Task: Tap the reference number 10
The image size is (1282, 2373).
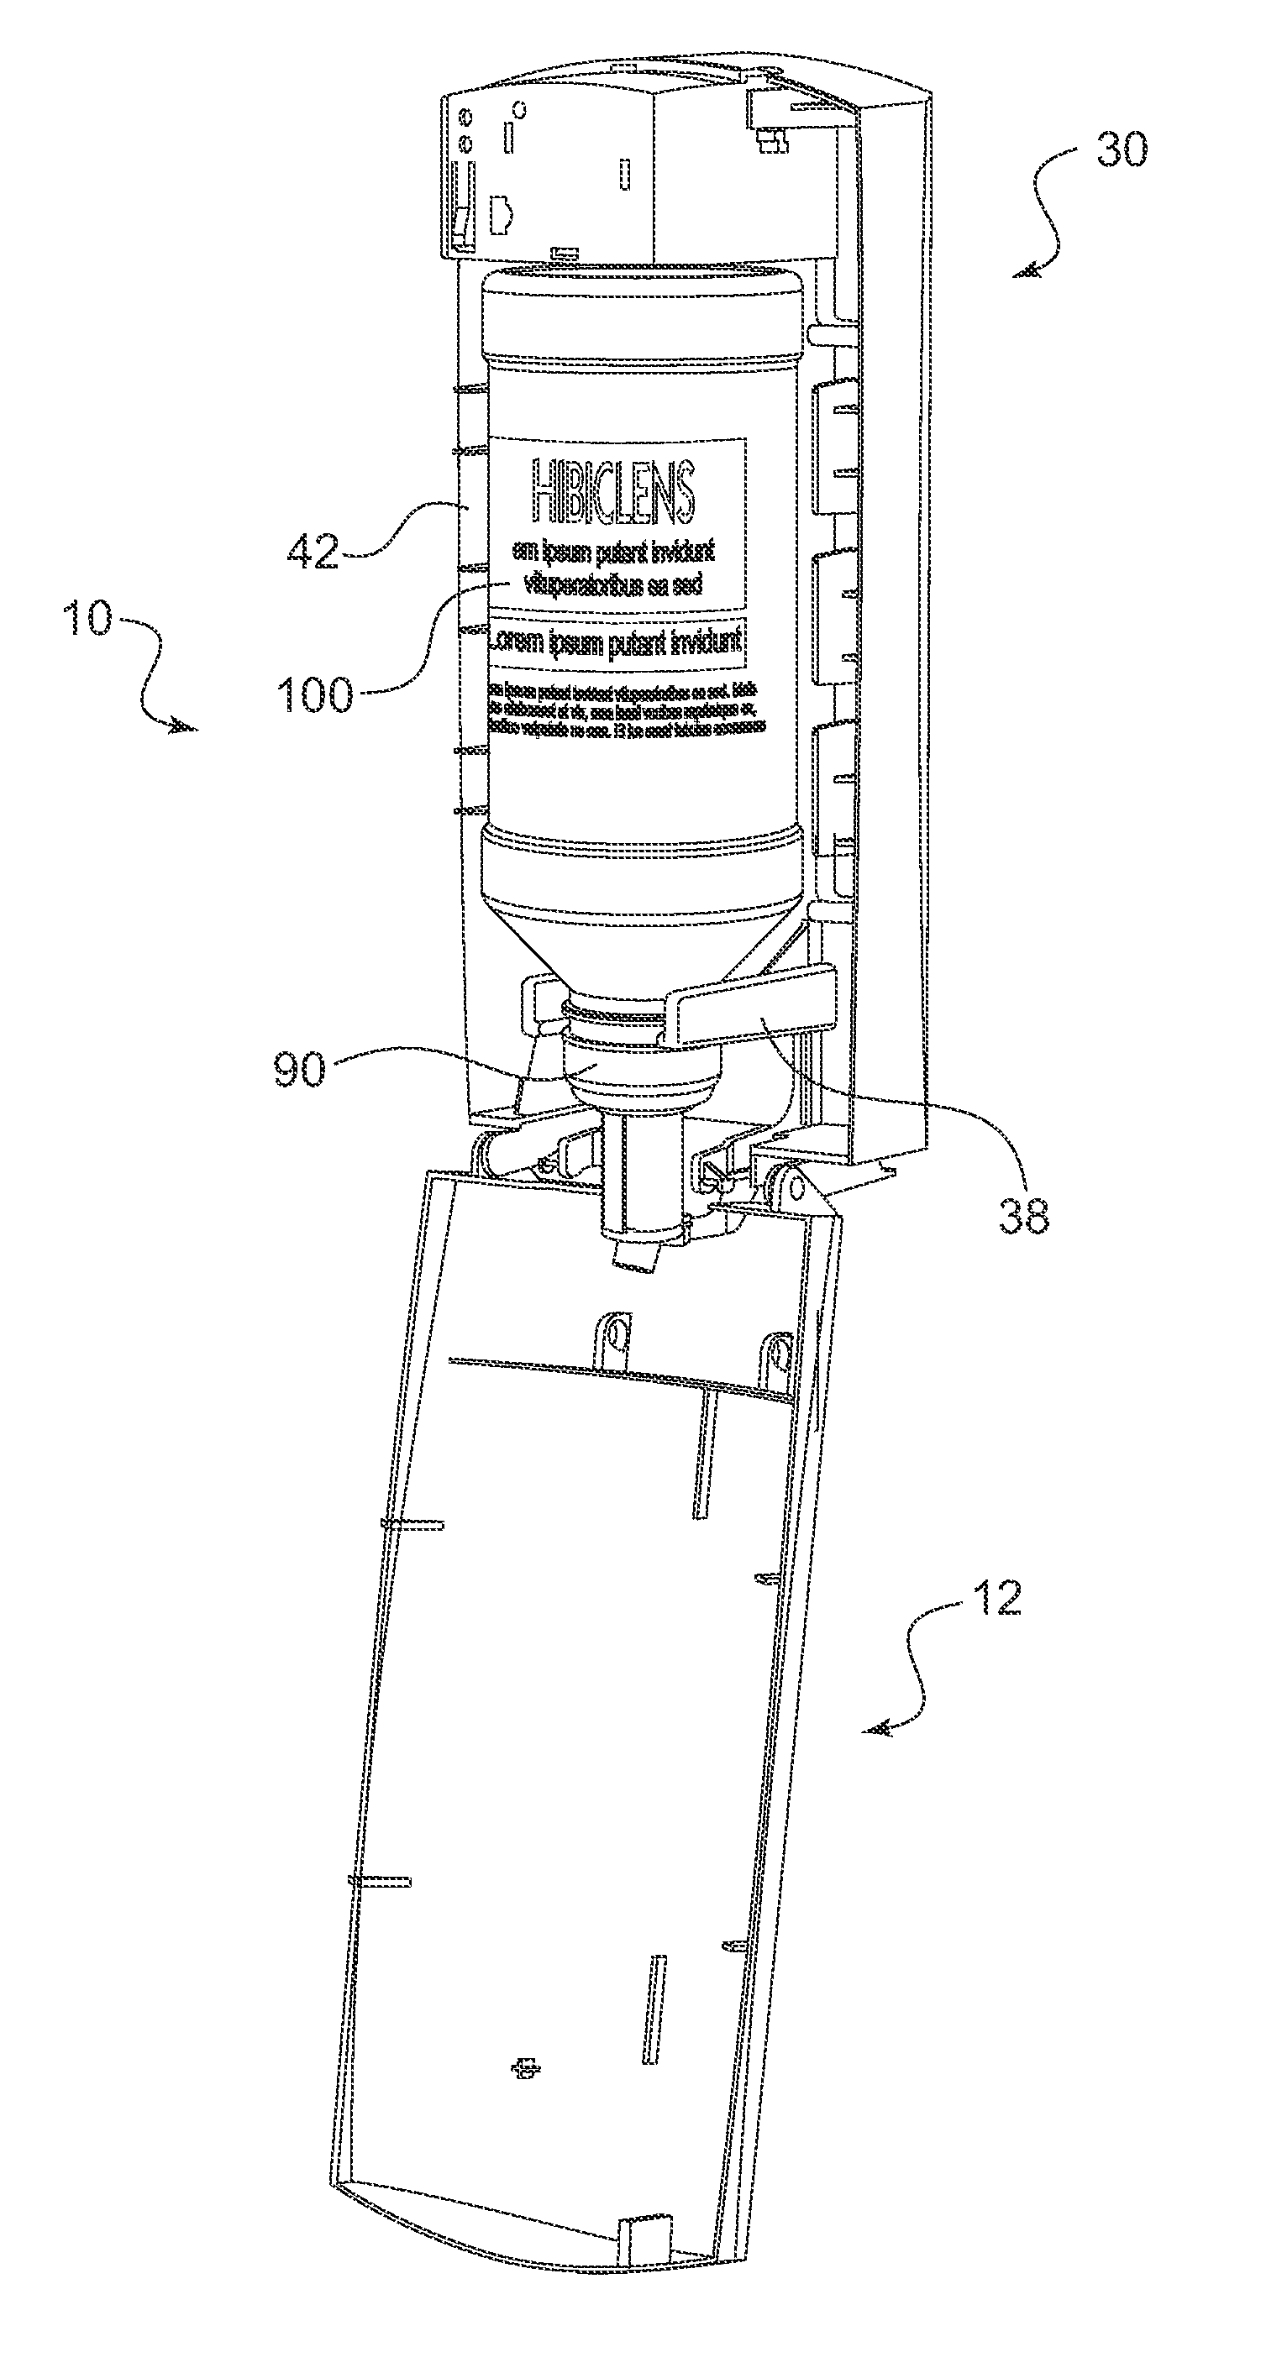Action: tap(87, 617)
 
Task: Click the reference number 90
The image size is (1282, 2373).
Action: tap(301, 1071)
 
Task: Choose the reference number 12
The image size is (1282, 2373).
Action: tap(996, 1598)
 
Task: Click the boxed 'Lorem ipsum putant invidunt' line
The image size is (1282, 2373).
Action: tap(616, 642)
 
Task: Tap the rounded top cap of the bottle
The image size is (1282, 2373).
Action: tap(643, 313)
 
